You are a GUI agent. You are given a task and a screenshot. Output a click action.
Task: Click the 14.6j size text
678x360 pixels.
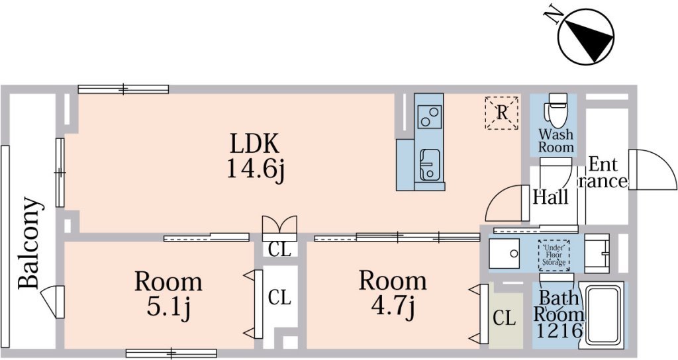(x=255, y=169)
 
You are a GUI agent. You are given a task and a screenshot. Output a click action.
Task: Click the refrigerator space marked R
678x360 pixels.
(x=503, y=112)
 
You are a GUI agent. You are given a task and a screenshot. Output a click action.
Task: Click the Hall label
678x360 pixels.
(x=550, y=197)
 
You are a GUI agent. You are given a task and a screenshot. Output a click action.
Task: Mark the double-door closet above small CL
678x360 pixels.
(x=279, y=226)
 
